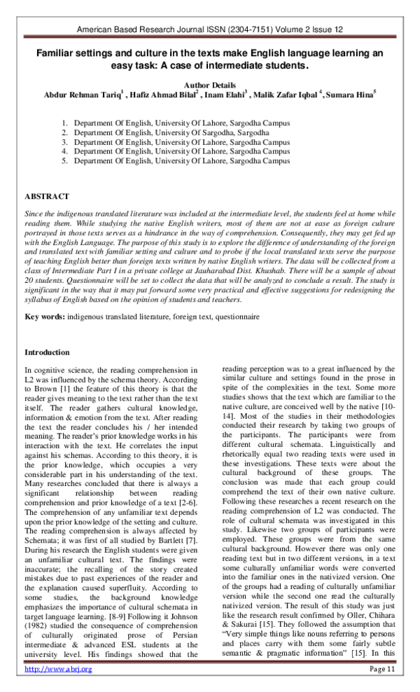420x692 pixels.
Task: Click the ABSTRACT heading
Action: coord(47,197)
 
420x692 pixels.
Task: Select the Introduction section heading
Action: coord(47,352)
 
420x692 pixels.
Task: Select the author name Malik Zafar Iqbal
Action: coord(283,95)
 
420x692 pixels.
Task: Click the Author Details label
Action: coord(210,83)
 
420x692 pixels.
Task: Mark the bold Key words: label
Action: coord(45,317)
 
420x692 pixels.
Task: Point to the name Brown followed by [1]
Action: coord(43,388)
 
